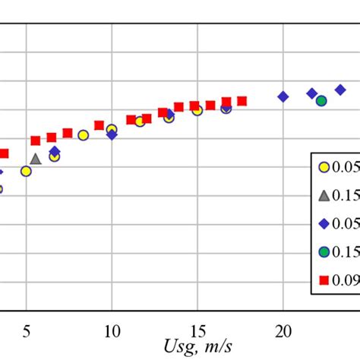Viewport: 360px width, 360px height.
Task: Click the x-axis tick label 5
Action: pyautogui.click(x=27, y=330)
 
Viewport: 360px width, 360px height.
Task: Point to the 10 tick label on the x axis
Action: pyautogui.click(x=112, y=330)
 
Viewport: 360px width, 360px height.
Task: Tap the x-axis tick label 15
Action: pyautogui.click(x=197, y=330)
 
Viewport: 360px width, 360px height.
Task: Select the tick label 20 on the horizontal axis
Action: pyautogui.click(x=283, y=330)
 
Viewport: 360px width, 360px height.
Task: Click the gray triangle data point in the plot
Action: pyautogui.click(x=36, y=159)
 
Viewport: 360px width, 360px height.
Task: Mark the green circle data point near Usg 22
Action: pyautogui.click(x=321, y=100)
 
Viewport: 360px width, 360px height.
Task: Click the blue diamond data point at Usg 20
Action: pyautogui.click(x=283, y=96)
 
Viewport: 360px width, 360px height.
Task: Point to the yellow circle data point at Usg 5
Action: pyautogui.click(x=26, y=172)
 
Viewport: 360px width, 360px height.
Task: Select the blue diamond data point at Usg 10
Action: pyautogui.click(x=112, y=134)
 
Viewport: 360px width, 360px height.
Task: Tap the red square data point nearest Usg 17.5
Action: pyautogui.click(x=242, y=101)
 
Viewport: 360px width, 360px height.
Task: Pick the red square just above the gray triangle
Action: pyautogui.click(x=36, y=141)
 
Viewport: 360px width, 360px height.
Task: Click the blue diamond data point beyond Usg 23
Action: pyautogui.click(x=340, y=90)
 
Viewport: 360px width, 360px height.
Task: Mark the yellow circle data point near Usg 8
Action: pyautogui.click(x=83, y=135)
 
